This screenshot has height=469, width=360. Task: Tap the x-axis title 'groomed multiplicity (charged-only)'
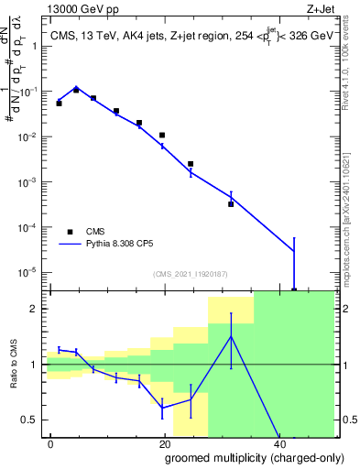coord(241,456)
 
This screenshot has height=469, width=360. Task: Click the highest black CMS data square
coord(76,90)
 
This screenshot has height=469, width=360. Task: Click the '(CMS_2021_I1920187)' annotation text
coord(190,273)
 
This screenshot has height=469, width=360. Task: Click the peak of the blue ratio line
coord(231,337)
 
